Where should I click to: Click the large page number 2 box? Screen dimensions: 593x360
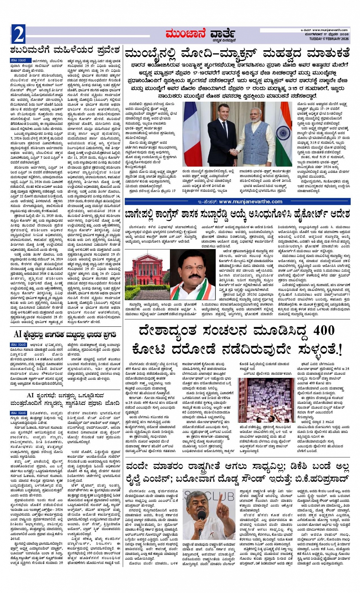pyautogui.click(x=18, y=35)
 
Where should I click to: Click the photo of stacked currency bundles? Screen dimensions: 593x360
pyautogui.click(x=261, y=400)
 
